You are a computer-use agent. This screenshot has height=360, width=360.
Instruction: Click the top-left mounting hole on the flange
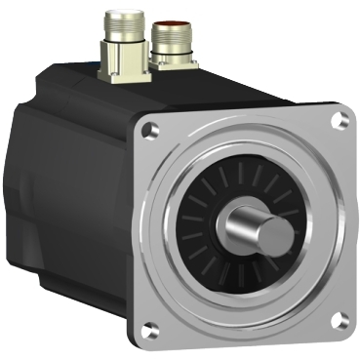coord(148,129)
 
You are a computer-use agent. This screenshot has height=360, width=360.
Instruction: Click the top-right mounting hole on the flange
coord(338,121)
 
